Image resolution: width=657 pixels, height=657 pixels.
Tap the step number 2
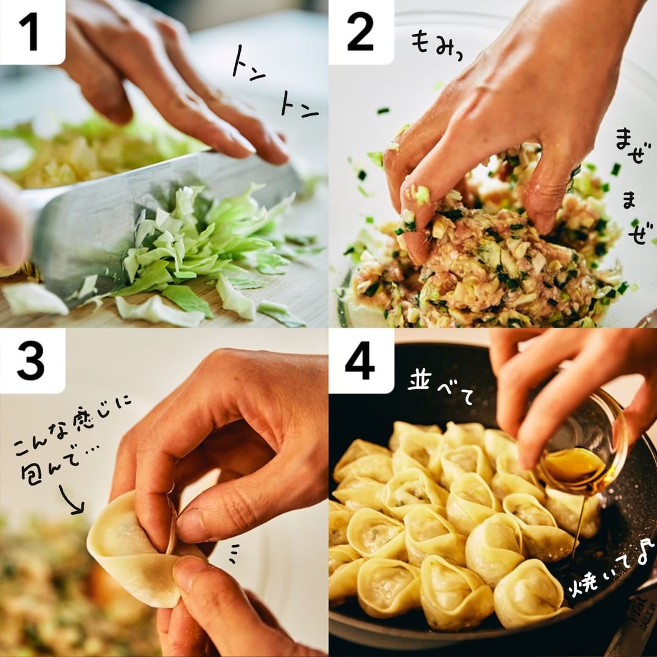coord(360,32)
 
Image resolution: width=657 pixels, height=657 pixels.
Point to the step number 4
coord(360,361)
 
